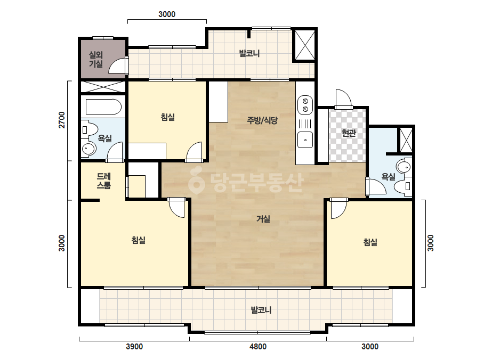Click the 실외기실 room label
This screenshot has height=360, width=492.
[96, 60]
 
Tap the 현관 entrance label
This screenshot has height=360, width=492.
[349, 133]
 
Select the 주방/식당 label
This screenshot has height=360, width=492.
[262, 120]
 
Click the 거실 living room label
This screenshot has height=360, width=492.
[263, 219]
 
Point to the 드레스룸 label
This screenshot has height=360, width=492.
[104, 181]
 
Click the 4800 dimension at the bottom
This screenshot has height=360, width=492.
[258, 347]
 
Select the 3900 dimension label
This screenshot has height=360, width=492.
[134, 347]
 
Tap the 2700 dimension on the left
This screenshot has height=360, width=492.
[62, 120]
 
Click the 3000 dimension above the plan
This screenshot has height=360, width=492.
[167, 14]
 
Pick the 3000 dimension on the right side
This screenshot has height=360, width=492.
[431, 243]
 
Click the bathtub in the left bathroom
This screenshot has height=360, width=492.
[103, 107]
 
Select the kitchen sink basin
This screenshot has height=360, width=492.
[305, 140]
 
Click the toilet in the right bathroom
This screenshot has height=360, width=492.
[403, 186]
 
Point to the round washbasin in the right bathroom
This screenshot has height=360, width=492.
[404, 167]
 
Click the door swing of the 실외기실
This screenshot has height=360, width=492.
[116, 67]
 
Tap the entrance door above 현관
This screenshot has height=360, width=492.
[343, 99]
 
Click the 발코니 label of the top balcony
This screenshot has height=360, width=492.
[249, 53]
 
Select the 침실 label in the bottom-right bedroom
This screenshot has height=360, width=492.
[370, 242]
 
